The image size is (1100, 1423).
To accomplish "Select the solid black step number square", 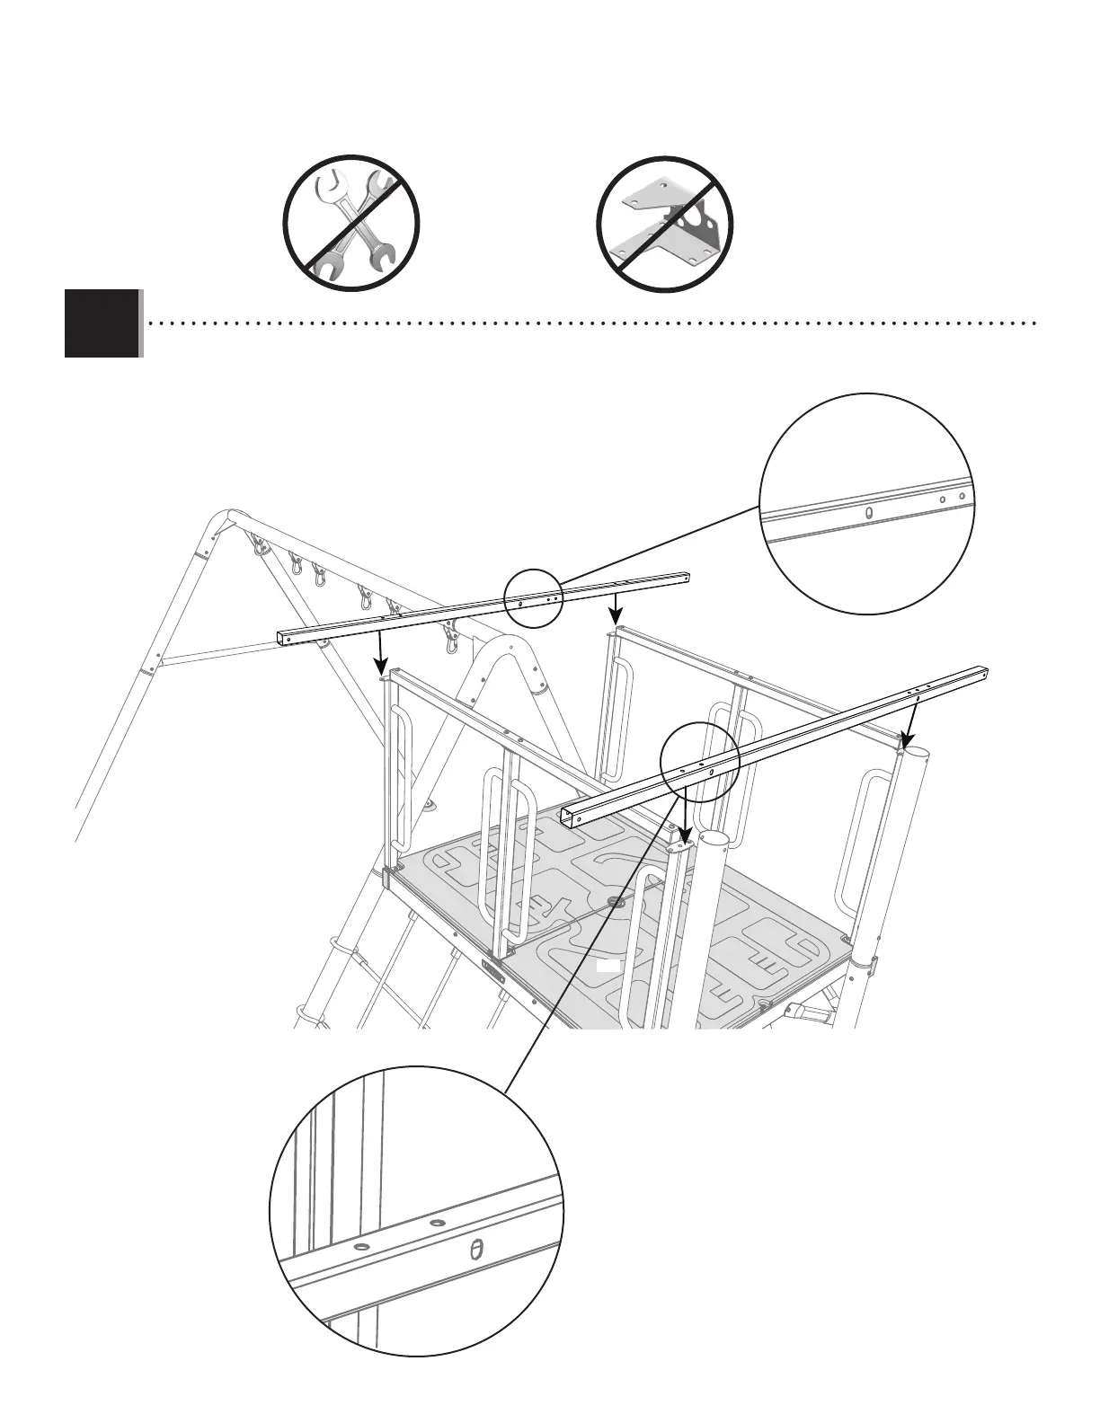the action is tap(102, 323).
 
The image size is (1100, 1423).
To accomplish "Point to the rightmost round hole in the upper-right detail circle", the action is tap(962, 494).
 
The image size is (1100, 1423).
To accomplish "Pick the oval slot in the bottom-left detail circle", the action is tap(477, 1251).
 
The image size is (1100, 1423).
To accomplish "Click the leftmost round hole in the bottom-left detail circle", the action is tap(361, 1249).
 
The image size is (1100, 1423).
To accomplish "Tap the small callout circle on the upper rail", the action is tap(534, 597).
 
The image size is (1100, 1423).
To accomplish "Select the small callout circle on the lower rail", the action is tap(699, 762).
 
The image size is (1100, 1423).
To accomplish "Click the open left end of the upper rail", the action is tap(284, 638).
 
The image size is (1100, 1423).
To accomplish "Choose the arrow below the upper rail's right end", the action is tap(615, 608).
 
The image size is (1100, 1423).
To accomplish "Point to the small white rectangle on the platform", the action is tap(609, 967).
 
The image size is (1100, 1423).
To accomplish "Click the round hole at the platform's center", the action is tap(617, 900).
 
